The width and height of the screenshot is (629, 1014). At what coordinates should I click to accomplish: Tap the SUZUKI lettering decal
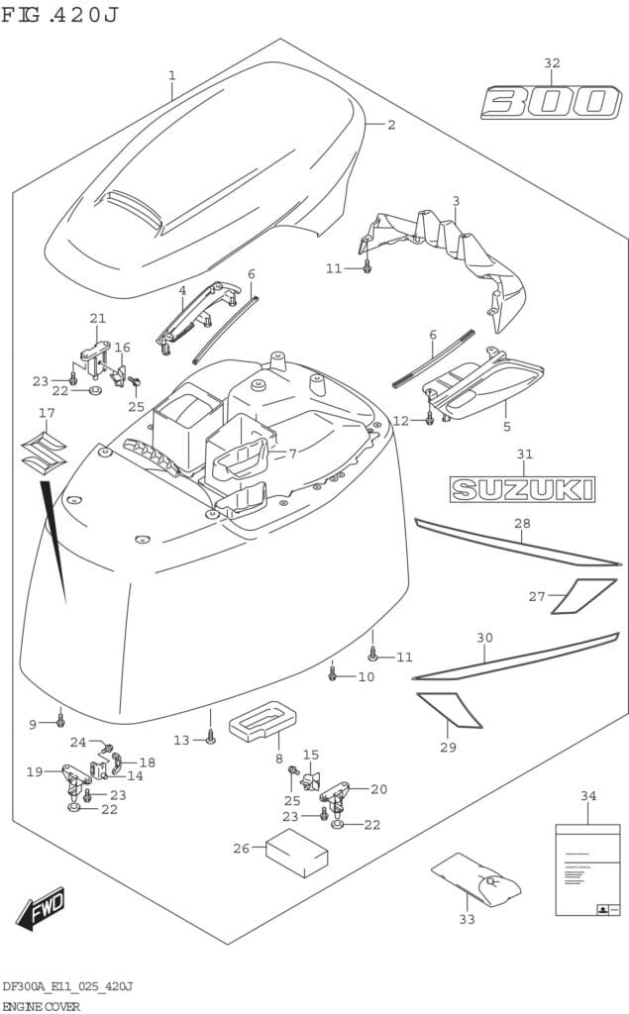tap(522, 488)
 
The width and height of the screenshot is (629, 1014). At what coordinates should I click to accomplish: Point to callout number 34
tap(587, 795)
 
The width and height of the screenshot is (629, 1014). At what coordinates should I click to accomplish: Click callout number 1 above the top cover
tap(171, 75)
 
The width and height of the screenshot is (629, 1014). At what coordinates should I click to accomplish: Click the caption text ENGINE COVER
tap(41, 1004)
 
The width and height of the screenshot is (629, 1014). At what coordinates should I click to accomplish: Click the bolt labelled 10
tap(333, 673)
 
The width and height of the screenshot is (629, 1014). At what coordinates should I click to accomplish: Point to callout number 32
tap(551, 63)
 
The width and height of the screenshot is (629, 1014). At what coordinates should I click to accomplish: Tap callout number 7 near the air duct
tap(292, 454)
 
